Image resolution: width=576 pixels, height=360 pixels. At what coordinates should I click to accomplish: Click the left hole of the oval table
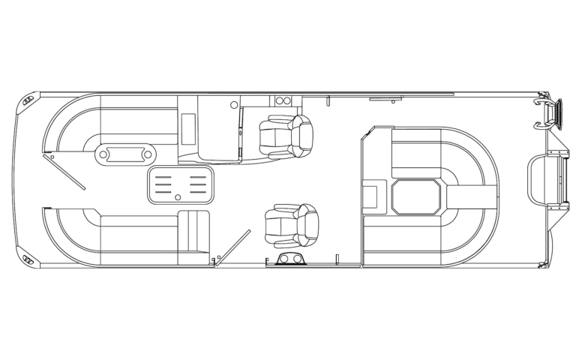click(103, 156)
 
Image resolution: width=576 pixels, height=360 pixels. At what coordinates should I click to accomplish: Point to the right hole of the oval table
click(148, 156)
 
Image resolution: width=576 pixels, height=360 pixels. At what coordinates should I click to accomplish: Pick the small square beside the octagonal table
click(370, 196)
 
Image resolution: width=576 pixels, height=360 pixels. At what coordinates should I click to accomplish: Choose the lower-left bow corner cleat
click(28, 257)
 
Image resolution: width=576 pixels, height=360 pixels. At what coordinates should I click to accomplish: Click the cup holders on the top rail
click(285, 100)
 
